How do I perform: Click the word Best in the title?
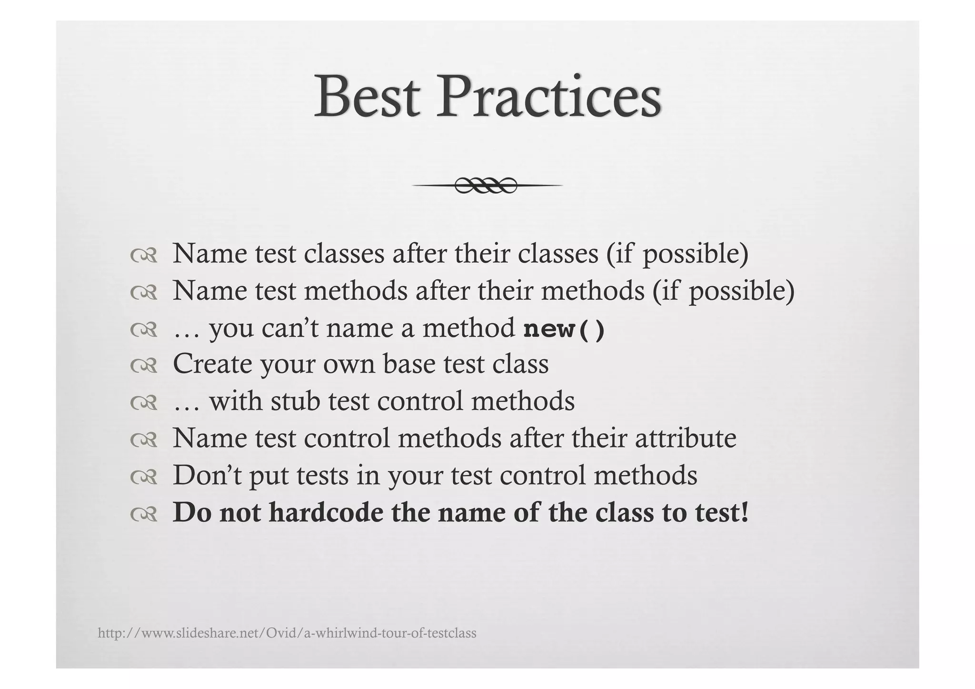coord(367,97)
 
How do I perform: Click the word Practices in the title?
coord(548,97)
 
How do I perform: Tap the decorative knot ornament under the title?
coord(486,185)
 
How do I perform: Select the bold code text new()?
coord(564,329)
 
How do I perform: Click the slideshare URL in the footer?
coord(287,633)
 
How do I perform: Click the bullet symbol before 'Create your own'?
coord(143,366)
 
